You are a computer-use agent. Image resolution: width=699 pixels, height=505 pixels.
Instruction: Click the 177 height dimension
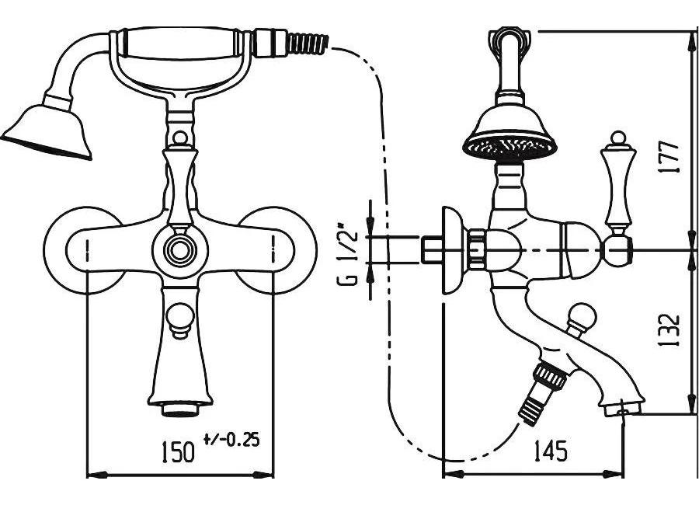click(670, 158)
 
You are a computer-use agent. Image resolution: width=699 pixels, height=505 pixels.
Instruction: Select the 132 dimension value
click(670, 330)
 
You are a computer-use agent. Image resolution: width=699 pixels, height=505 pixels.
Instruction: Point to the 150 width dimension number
click(178, 451)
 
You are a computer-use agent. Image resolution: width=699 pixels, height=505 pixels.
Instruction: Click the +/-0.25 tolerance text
click(231, 440)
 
